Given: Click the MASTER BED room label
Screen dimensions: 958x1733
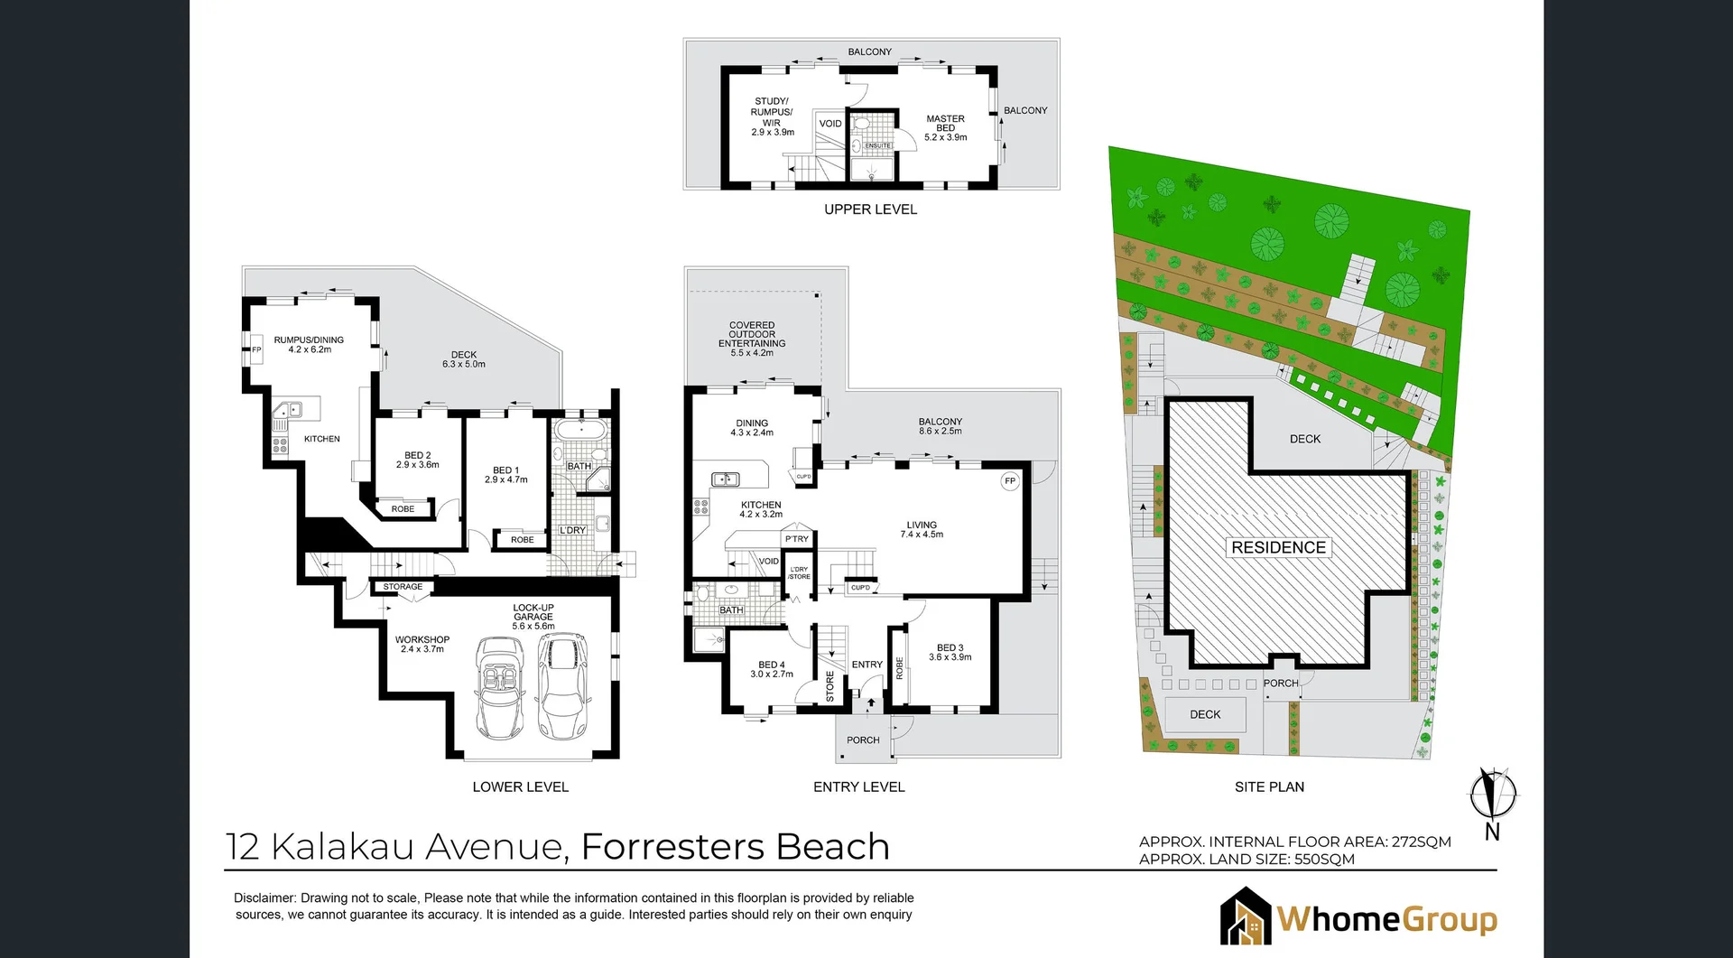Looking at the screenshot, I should tap(945, 127).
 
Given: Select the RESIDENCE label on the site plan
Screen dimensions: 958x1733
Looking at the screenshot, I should tap(1278, 547).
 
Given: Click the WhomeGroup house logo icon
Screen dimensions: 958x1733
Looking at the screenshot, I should tap(1246, 916).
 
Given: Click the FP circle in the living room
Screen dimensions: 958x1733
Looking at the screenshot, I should tap(1010, 481).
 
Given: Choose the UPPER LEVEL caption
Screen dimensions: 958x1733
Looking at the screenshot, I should tap(870, 209).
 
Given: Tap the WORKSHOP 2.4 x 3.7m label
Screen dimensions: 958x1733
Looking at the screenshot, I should tap(422, 644).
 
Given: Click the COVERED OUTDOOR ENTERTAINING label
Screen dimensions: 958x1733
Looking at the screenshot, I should tap(752, 339).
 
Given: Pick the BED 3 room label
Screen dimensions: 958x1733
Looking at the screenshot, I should tap(950, 652).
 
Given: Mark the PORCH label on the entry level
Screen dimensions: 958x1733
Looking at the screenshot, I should tap(863, 740).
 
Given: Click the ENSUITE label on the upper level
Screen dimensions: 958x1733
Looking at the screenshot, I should tap(877, 145).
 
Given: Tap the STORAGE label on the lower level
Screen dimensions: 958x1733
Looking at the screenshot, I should tap(403, 587).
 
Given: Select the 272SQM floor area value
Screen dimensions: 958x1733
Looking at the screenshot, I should tap(1421, 842).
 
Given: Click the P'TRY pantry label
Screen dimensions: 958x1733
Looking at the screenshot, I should tap(797, 539).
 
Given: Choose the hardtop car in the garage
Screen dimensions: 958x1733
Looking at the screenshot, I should tap(561, 684).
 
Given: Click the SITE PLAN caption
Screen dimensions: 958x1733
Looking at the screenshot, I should tap(1269, 787).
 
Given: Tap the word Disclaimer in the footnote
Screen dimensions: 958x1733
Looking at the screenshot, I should tap(264, 898).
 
